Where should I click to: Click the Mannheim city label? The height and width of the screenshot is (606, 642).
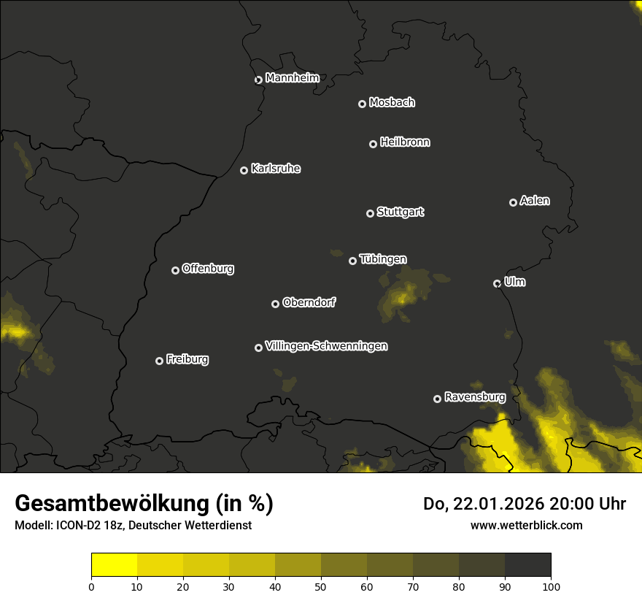[292, 78]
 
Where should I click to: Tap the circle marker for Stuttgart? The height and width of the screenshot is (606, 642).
[370, 213]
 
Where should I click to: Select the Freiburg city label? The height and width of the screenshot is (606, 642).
[187, 359]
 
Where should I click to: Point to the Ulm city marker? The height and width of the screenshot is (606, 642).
[497, 283]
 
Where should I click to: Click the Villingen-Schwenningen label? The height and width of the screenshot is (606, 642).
[326, 346]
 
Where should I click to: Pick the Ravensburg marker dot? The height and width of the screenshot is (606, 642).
[437, 399]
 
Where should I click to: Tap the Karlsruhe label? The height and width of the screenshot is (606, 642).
[275, 169]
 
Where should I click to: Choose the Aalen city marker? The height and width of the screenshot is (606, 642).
[513, 202]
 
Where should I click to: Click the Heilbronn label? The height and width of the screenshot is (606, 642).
[405, 142]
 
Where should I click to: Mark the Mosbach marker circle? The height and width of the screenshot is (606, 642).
[362, 104]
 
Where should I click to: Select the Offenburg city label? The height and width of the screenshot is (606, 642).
[208, 269]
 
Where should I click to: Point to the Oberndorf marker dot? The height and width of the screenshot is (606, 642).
[275, 304]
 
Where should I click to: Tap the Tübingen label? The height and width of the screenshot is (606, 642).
[382, 259]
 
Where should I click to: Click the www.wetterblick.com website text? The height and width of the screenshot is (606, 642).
[526, 525]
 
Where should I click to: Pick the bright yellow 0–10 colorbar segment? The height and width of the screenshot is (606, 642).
[115, 564]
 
